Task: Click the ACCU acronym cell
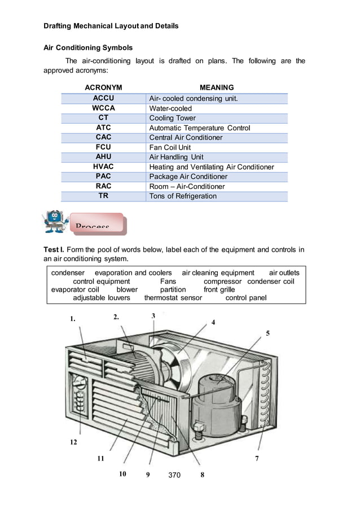click(103, 98)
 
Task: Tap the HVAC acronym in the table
click(103, 167)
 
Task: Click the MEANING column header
click(217, 87)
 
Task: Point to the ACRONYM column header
click(103, 87)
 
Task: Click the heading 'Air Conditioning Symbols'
click(88, 47)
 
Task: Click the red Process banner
click(96, 223)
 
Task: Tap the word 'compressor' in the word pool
click(222, 281)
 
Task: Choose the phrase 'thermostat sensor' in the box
click(173, 297)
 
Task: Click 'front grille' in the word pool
click(219, 289)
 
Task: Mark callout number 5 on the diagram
click(268, 334)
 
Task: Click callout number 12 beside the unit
click(73, 442)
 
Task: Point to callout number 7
click(257, 459)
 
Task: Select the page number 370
click(174, 475)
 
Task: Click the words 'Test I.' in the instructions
click(54, 250)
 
